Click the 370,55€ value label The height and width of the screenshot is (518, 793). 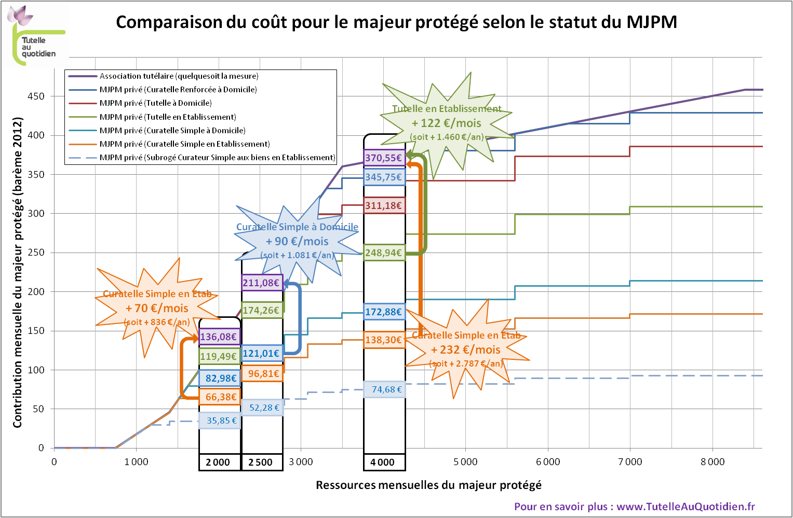384,158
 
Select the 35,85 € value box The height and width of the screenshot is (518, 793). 221,421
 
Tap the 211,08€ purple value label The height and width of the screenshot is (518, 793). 262,283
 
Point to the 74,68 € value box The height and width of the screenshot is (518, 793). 385,389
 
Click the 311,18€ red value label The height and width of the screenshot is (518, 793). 384,206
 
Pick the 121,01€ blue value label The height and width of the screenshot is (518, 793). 262,354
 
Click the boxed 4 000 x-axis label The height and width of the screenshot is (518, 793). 384,462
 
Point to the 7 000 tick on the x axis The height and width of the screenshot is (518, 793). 629,461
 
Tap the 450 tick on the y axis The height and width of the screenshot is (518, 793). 36,96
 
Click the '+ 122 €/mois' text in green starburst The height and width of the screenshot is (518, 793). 447,123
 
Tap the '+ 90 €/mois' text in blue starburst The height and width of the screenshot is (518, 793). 297,242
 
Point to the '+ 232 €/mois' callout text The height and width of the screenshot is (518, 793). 466,350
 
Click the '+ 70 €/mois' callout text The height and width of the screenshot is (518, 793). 157,309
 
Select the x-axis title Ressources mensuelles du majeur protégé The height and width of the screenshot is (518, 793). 428,485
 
